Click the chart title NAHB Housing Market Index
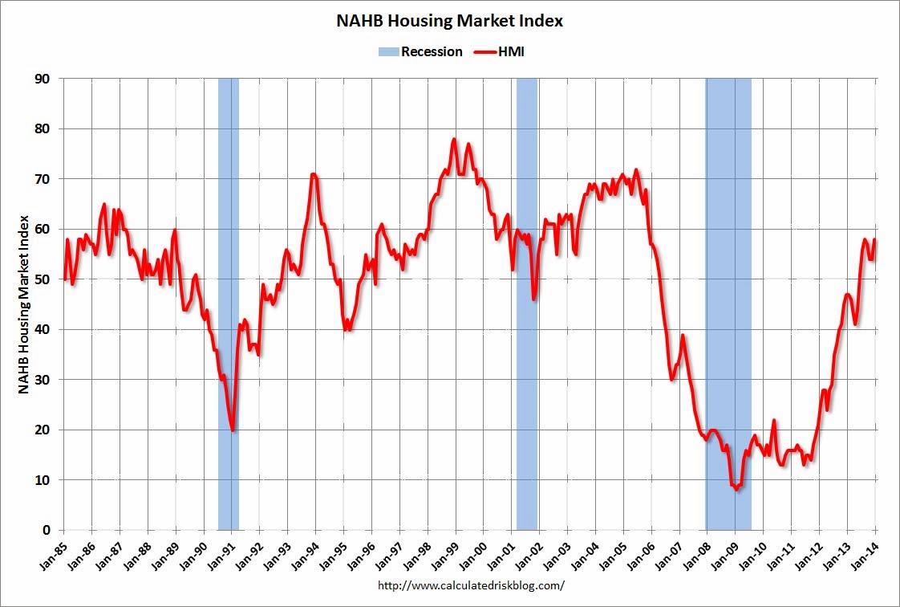pyautogui.click(x=449, y=22)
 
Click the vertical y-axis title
pyautogui.click(x=23, y=303)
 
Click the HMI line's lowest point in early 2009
pyautogui.click(x=737, y=489)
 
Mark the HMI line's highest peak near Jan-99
pyautogui.click(x=454, y=139)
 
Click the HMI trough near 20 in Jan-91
pyautogui.click(x=233, y=430)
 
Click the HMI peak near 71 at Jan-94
pyautogui.click(x=313, y=173)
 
